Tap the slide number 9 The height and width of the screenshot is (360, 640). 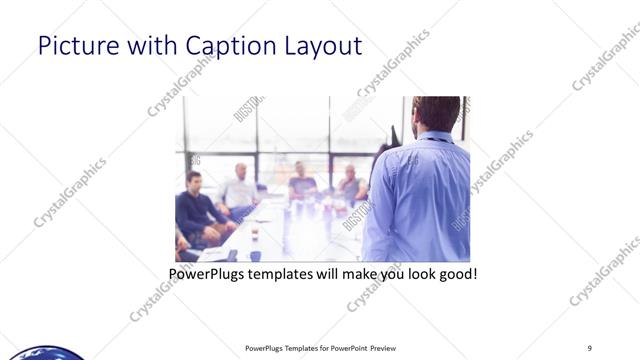pos(590,348)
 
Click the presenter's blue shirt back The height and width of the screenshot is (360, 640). pos(420,200)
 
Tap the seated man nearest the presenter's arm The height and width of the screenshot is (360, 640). pos(351,184)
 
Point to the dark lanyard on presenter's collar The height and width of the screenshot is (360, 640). pos(432,139)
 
